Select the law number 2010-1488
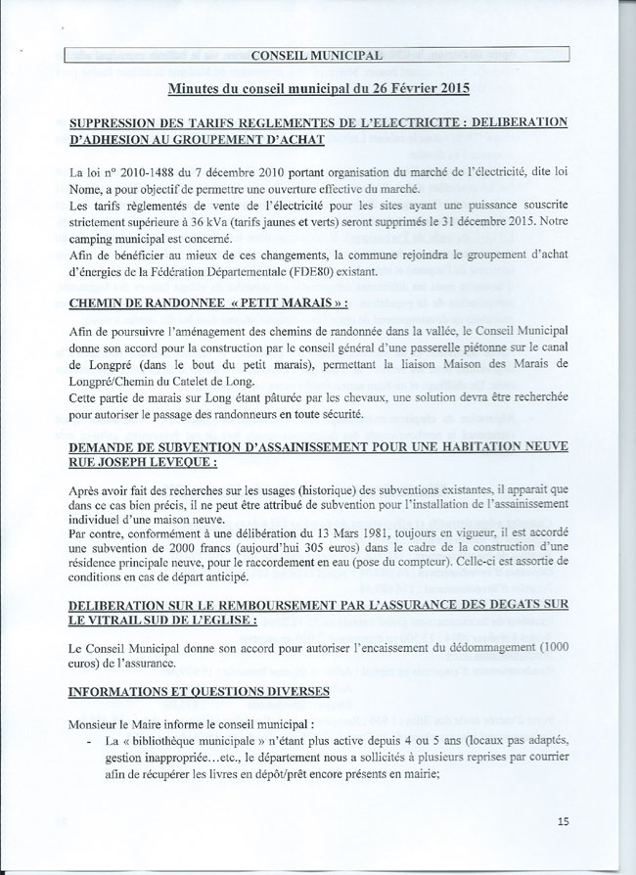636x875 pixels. click(139, 172)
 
